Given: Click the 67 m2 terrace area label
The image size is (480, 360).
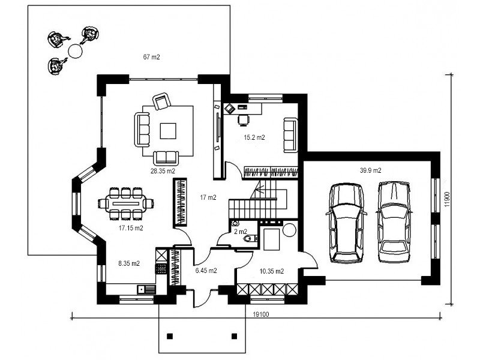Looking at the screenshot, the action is click(152, 57).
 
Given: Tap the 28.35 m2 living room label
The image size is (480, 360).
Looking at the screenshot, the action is click(163, 171).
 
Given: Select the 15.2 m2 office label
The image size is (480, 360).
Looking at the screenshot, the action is click(254, 137).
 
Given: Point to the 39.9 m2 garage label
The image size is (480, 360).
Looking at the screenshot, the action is click(370, 170).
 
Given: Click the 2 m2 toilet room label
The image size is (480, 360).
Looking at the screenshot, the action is click(241, 232).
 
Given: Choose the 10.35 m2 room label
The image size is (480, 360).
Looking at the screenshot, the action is click(272, 271).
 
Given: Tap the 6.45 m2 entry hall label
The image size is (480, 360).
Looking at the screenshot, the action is click(206, 271).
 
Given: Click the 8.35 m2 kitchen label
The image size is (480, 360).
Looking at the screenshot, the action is click(129, 263).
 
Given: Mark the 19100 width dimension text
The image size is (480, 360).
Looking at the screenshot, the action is click(261, 314).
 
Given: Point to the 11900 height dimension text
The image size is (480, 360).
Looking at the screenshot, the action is click(447, 199).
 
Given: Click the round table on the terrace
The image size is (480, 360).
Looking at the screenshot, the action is click(74, 51).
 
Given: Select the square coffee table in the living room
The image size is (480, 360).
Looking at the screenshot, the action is click(168, 131).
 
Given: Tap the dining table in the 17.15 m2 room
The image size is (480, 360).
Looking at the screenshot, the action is click(126, 203).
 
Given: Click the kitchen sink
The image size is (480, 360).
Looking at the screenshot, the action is click(146, 289).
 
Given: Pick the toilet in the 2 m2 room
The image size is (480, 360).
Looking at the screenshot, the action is click(250, 238).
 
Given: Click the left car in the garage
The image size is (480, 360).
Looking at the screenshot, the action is click(347, 223).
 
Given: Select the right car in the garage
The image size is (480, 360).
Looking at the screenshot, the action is click(394, 222).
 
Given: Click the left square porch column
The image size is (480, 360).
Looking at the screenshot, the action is click(170, 336).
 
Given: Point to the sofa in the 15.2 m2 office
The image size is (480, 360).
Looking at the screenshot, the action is click(290, 135).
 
